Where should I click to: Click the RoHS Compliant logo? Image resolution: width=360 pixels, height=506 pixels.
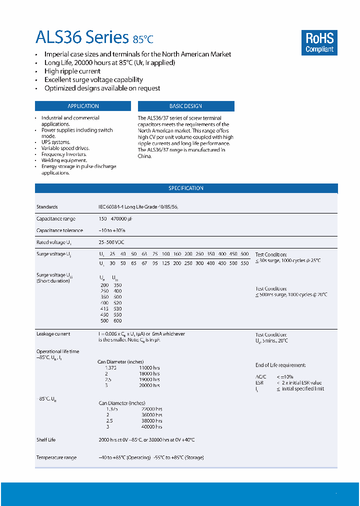pyautogui.click(x=319, y=42)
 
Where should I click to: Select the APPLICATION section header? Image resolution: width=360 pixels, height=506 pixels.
pyautogui.click(x=83, y=106)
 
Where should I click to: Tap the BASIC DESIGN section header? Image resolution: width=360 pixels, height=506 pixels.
pyautogui.click(x=185, y=106)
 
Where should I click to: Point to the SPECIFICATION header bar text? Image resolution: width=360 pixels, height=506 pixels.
pyautogui.click(x=186, y=188)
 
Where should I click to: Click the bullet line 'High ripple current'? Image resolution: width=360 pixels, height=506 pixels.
pyautogui.click(x=72, y=71)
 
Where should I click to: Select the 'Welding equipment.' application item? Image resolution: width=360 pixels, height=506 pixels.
pyautogui.click(x=64, y=160)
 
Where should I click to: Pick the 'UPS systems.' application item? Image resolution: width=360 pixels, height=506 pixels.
pyautogui.click(x=56, y=142)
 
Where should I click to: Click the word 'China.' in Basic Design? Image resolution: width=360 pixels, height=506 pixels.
pyautogui.click(x=144, y=156)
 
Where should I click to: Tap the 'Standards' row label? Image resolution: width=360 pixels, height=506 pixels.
pyautogui.click(x=47, y=206)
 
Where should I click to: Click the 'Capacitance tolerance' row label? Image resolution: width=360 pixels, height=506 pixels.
pyautogui.click(x=59, y=230)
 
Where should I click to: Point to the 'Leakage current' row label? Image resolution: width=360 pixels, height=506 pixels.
pyautogui.click(x=53, y=334)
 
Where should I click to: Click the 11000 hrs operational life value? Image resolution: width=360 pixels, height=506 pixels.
pyautogui.click(x=149, y=367)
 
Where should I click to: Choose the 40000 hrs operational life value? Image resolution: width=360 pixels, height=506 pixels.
pyautogui.click(x=151, y=426)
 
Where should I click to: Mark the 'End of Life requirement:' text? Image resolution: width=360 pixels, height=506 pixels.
pyautogui.click(x=280, y=365)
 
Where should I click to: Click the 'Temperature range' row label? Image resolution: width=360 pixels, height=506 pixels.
pyautogui.click(x=56, y=457)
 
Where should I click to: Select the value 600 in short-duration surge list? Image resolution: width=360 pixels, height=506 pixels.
pyautogui.click(x=117, y=321)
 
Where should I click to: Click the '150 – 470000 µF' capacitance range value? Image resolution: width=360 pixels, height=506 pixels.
pyautogui.click(x=116, y=219)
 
